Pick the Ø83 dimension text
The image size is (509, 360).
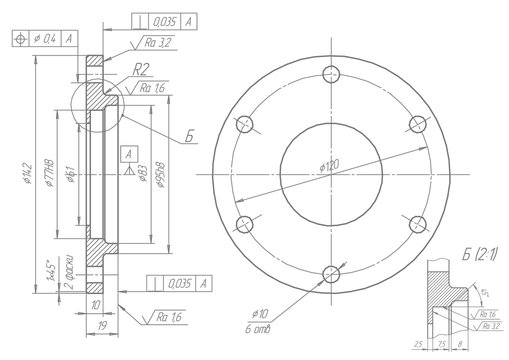[x=143, y=176]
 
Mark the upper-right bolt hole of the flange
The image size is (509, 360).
[x=416, y=123]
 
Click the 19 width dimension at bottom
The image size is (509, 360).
[x=104, y=325]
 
